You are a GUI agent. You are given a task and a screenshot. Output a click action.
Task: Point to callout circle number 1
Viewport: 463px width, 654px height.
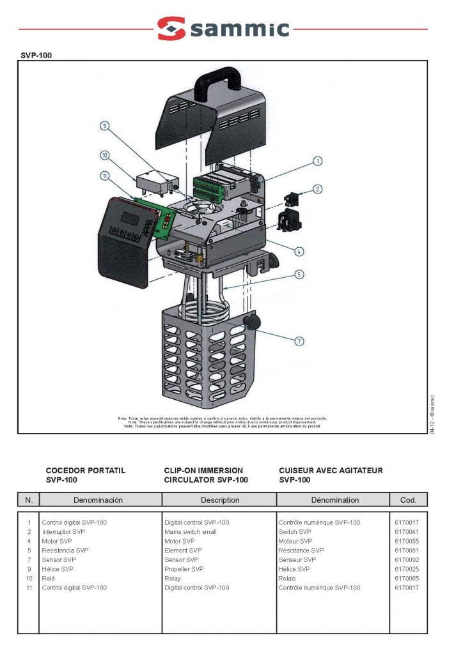point(317,162)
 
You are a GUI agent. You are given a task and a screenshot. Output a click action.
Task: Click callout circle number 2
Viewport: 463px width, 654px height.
point(318,188)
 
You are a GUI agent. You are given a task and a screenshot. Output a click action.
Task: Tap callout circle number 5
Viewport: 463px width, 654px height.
point(299,275)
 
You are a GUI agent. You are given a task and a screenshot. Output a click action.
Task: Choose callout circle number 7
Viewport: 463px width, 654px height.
point(299,341)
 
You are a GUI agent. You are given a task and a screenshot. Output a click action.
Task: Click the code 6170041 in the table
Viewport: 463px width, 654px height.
point(407,531)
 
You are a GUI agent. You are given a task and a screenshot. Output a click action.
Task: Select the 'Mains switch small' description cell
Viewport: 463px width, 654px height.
point(191,531)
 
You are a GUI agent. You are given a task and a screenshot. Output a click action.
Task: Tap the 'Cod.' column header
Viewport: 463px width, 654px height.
point(408,500)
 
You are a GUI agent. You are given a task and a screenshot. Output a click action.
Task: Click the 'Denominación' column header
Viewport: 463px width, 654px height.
point(98,500)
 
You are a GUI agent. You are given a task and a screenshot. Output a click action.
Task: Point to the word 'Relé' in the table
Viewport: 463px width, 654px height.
point(49,578)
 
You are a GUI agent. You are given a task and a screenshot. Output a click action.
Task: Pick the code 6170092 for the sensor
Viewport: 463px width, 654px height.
point(407,559)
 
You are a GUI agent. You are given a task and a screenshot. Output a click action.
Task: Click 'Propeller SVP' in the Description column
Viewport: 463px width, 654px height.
point(184,569)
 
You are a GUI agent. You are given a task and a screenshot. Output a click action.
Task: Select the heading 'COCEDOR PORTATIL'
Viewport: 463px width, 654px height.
point(86,471)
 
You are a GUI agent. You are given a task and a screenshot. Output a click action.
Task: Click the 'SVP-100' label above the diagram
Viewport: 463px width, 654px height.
point(36,56)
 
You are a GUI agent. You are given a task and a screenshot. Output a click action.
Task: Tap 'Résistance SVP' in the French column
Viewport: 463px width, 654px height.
point(301,550)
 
